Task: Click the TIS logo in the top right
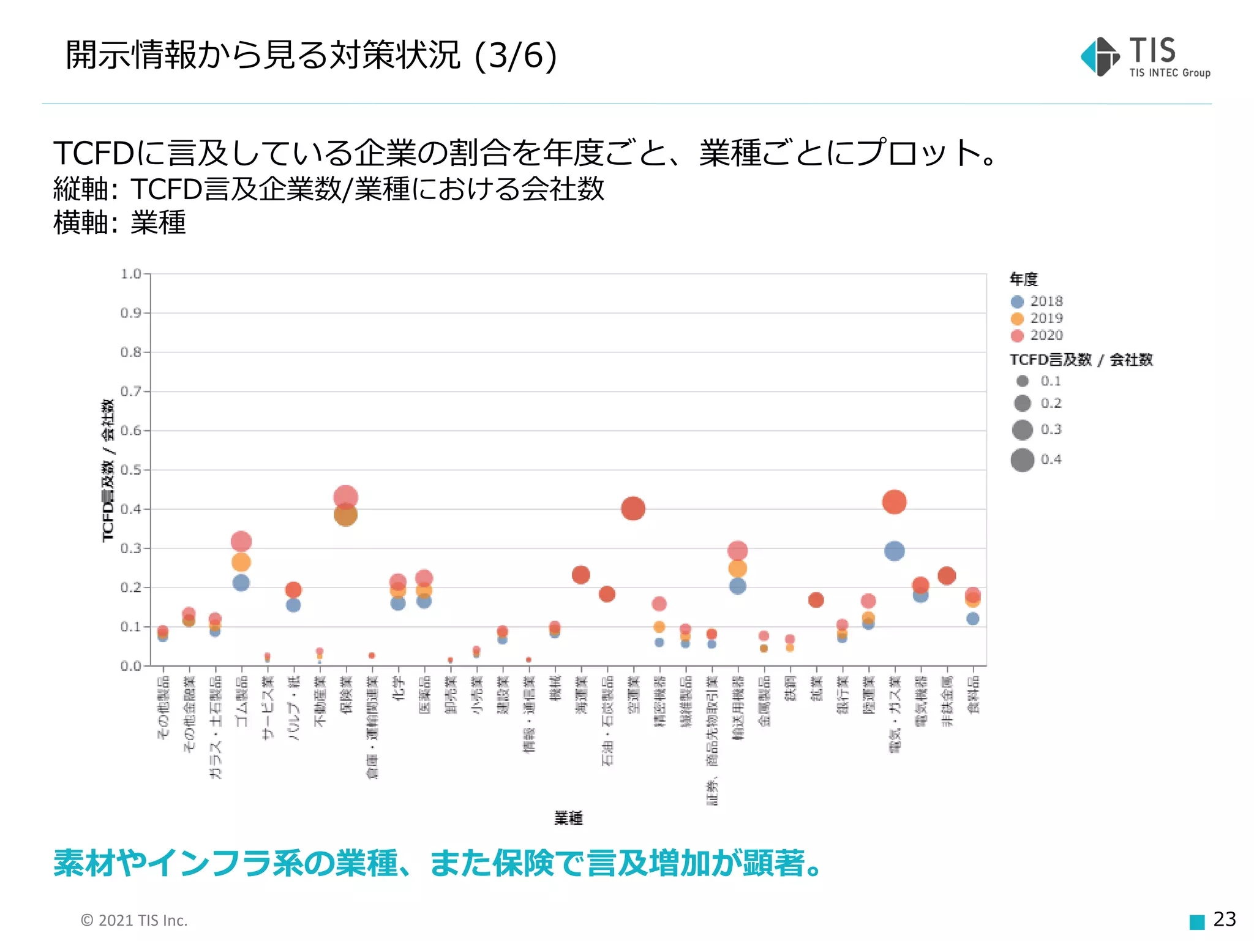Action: click(1145, 57)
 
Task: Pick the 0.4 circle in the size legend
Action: click(1023, 459)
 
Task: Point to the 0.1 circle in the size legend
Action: click(1023, 381)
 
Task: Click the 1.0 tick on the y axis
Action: click(131, 274)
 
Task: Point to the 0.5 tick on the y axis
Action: click(131, 470)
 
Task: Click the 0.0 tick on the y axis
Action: click(131, 666)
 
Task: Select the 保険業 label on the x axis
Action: click(347, 695)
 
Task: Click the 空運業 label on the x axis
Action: click(634, 695)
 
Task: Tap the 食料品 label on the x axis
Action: click(973, 695)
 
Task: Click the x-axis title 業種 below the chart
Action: click(568, 818)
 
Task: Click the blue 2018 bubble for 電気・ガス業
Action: click(894, 551)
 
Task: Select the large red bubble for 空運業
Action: click(633, 508)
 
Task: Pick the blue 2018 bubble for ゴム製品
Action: click(241, 583)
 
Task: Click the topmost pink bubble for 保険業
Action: click(346, 496)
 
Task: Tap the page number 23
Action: click(1224, 919)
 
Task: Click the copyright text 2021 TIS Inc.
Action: click(134, 920)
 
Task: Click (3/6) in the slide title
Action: click(516, 55)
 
